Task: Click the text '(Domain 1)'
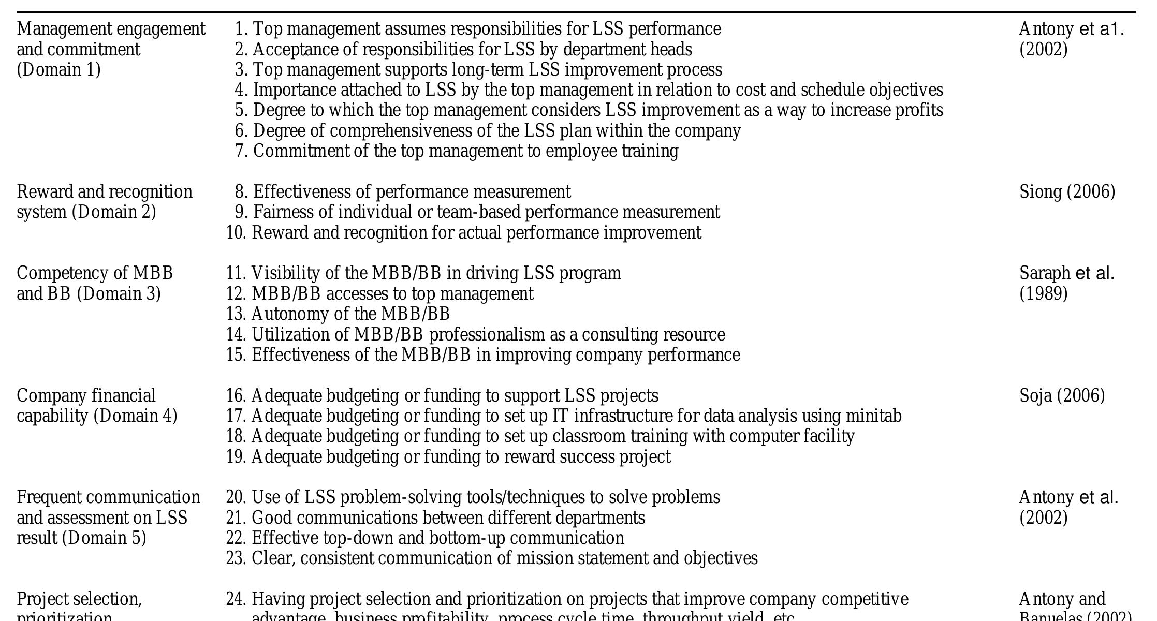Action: click(x=58, y=70)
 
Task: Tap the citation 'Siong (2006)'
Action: click(x=1067, y=192)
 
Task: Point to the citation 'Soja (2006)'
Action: click(x=1062, y=396)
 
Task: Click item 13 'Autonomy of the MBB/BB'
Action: click(x=350, y=314)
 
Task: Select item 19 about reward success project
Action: click(x=461, y=457)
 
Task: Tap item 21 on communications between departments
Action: click(x=448, y=518)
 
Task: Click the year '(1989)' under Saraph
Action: click(x=1043, y=294)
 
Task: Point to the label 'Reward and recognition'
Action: click(x=105, y=192)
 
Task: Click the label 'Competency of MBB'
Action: click(x=95, y=273)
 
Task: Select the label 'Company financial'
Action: click(x=86, y=396)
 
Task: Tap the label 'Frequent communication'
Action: click(x=108, y=497)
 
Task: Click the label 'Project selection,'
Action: click(x=79, y=599)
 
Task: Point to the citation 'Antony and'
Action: click(x=1062, y=599)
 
